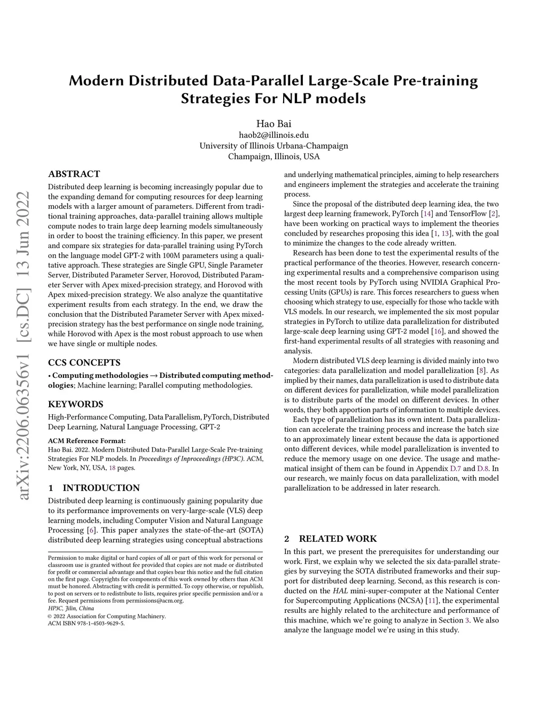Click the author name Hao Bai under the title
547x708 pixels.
coord(273,124)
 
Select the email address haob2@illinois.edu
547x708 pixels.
coord(273,135)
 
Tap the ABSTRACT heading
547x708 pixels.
coord(74,174)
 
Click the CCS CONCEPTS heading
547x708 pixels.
coord(84,363)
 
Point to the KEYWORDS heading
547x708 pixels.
coord(75,404)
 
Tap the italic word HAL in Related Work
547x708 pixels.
coord(340,591)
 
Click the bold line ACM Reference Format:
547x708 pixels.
coord(87,441)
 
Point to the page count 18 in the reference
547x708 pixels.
coord(112,468)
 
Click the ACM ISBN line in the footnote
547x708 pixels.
coord(86,623)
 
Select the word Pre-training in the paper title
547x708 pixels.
coord(435,81)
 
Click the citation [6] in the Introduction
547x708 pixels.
coord(91,530)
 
